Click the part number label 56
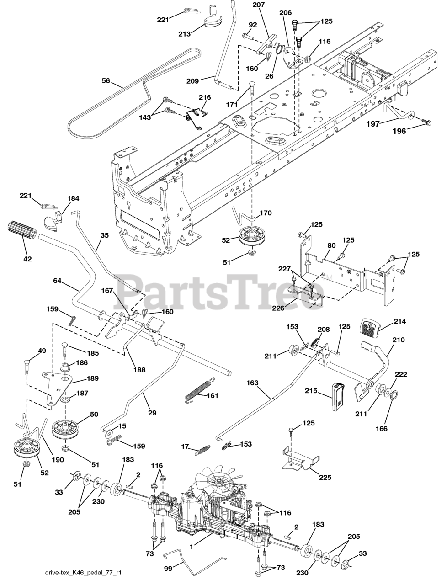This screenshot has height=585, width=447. coord(106,81)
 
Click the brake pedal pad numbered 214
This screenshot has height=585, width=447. coord(372,327)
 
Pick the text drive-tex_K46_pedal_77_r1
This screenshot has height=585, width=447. coord(83,573)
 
